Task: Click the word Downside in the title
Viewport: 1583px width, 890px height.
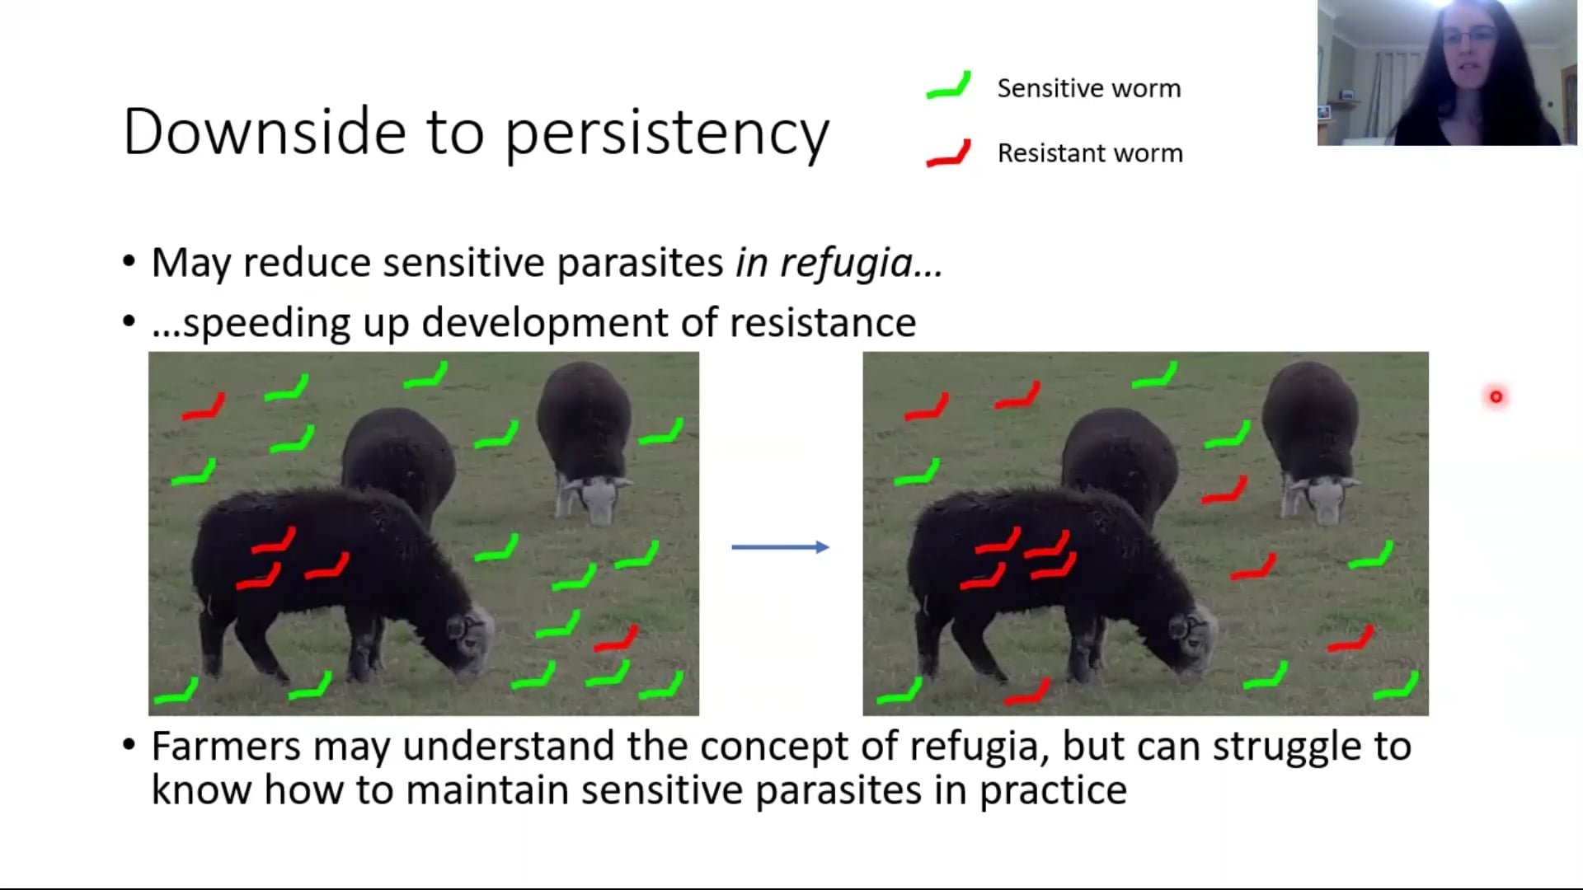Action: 265,132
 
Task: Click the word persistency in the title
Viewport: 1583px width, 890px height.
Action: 667,134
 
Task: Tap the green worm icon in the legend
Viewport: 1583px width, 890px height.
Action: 949,86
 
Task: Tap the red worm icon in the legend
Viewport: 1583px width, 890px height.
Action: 949,154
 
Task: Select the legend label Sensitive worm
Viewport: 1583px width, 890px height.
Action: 1089,88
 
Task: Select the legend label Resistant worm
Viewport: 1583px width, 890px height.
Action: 1090,153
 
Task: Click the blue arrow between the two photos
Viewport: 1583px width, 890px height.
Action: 780,546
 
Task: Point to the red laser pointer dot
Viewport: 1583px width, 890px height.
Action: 1496,397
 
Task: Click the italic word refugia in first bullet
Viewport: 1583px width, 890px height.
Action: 846,264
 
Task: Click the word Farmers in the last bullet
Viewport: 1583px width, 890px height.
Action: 227,747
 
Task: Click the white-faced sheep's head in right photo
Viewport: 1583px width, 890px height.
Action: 1321,498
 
